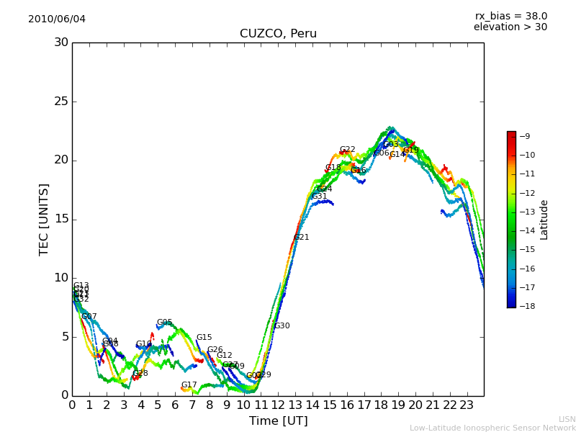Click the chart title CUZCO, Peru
click(x=278, y=34)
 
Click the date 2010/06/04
click(x=57, y=19)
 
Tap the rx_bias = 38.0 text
click(x=511, y=16)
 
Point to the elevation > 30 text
click(x=510, y=27)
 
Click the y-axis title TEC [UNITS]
click(x=44, y=219)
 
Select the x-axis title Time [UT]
click(x=278, y=421)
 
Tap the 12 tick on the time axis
click(x=278, y=405)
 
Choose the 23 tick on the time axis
click(x=467, y=405)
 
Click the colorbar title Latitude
click(x=544, y=220)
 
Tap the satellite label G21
click(x=302, y=238)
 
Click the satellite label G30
click(x=282, y=326)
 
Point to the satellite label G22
click(x=348, y=150)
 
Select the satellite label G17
click(x=189, y=385)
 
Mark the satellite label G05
click(x=164, y=323)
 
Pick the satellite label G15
click(x=204, y=338)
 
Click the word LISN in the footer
click(x=567, y=419)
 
